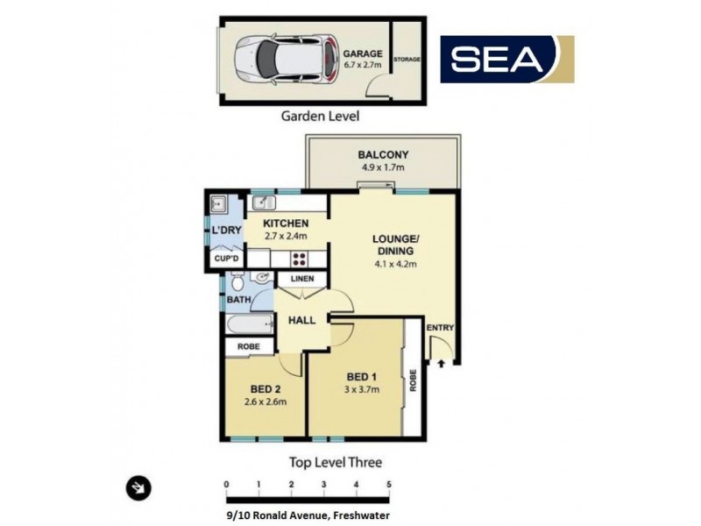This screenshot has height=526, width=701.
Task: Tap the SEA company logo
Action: tap(506, 59)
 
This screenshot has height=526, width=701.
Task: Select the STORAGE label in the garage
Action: tap(407, 60)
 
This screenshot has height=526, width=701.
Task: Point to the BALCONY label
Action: tap(383, 155)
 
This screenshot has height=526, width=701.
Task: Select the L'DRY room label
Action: tap(225, 230)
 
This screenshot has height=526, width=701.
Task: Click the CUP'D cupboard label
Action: tap(225, 259)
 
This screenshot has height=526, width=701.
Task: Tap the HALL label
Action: tap(302, 322)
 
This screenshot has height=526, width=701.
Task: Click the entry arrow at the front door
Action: tap(441, 359)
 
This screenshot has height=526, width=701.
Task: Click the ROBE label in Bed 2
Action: tap(249, 347)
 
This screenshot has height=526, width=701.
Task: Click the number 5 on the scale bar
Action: tap(388, 484)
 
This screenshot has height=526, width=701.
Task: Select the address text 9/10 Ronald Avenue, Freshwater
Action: tap(302, 515)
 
